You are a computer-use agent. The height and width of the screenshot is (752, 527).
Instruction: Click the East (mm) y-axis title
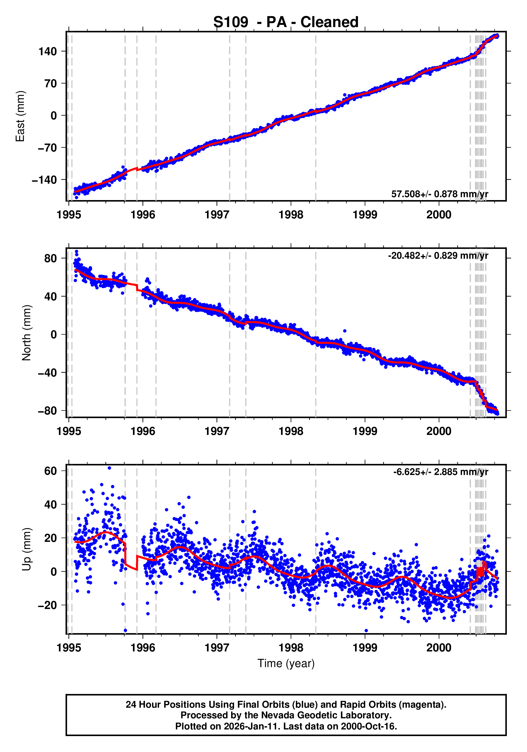[x=20, y=116]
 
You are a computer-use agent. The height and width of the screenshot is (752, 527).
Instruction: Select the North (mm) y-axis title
[x=27, y=333]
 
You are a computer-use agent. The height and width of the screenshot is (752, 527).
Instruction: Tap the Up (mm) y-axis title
[x=27, y=549]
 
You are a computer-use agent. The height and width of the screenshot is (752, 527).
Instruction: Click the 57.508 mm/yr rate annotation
[x=439, y=194]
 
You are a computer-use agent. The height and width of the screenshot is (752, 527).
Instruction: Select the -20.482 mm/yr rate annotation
[x=438, y=256]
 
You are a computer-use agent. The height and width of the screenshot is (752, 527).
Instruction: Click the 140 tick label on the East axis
[x=47, y=51]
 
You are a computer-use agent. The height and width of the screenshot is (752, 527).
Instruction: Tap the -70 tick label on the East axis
[x=47, y=148]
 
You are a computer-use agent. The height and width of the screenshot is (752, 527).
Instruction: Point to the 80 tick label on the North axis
[x=50, y=258]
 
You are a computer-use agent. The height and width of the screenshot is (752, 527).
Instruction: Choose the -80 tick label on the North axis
[x=47, y=411]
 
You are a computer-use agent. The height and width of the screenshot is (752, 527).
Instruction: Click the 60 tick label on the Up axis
[x=50, y=471]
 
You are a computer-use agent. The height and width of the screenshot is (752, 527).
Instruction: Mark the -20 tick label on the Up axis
[x=47, y=605]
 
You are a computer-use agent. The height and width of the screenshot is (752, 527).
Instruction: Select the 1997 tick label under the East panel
[x=217, y=215]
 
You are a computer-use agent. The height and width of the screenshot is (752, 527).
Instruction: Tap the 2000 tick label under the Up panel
[x=439, y=647]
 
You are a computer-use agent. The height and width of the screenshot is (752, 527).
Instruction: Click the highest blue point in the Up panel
[x=109, y=468]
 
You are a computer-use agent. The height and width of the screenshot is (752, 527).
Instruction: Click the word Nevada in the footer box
[x=277, y=715]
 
